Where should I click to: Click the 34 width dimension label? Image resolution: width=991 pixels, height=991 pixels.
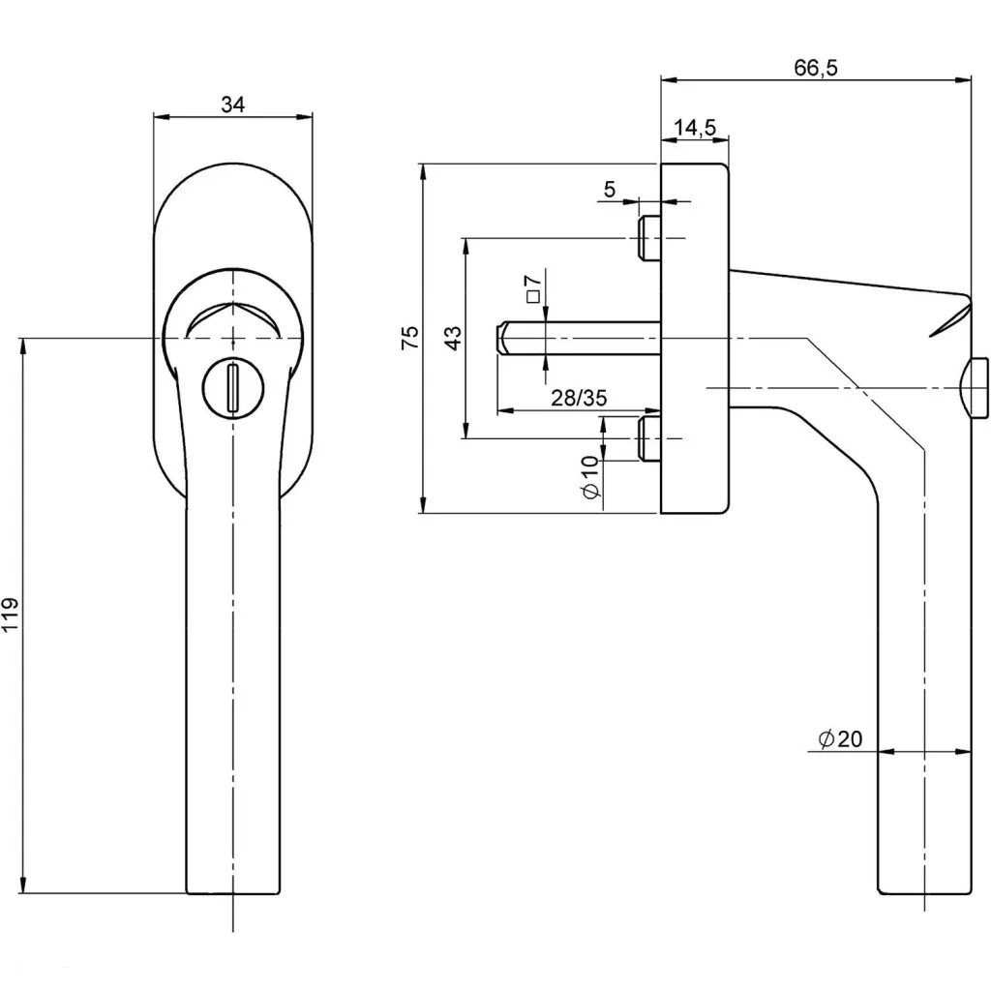point(232,105)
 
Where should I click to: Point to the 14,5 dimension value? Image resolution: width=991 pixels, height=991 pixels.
point(694,127)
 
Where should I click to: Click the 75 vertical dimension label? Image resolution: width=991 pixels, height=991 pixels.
point(409,338)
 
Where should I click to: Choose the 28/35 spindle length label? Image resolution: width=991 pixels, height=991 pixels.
point(579,399)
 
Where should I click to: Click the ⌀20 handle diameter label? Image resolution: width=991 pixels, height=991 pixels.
point(839,739)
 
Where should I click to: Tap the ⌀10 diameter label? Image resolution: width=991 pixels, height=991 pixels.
point(591,479)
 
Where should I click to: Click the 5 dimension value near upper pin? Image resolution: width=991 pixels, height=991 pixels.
point(609,190)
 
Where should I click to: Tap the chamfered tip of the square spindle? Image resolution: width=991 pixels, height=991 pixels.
point(503,339)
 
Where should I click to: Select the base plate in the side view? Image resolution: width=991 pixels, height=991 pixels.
point(693,338)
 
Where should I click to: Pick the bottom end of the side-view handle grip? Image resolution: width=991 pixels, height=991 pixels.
point(924,890)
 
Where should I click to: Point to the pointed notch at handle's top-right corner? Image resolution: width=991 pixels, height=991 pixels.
point(953,317)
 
